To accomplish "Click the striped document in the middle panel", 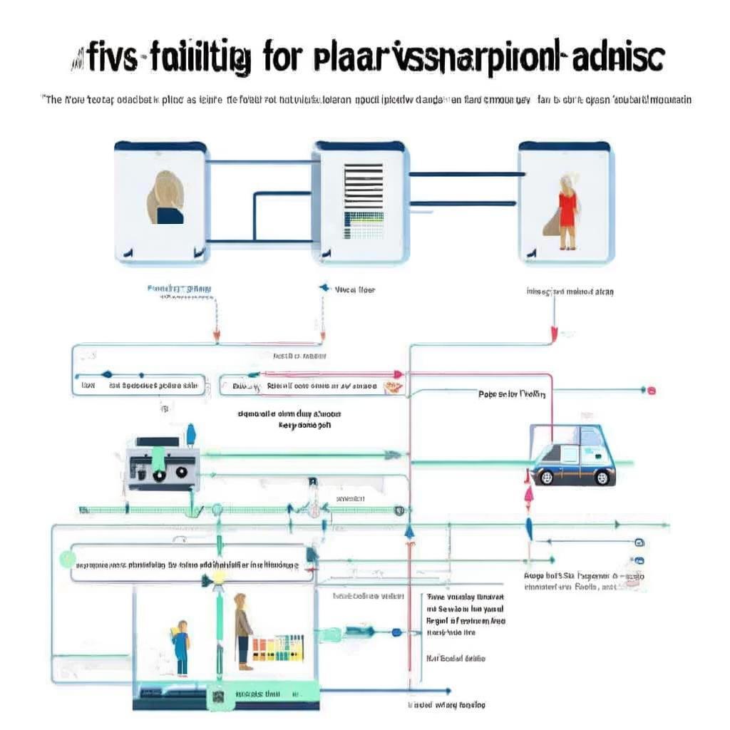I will coord(364,186).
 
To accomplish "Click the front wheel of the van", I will coord(546,477).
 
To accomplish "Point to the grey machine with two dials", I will coord(163,467).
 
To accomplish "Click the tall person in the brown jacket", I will coord(243,632).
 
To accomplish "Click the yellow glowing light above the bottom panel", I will coord(219,576).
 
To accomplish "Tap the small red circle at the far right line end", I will coord(651,391).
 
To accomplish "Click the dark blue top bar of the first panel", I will coord(161,146).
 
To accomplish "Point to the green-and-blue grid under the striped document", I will coord(364,226).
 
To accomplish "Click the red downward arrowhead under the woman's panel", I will coord(554,334).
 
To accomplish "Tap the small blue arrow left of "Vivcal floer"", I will coord(324,289).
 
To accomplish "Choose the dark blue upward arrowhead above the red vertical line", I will coord(409,530).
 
